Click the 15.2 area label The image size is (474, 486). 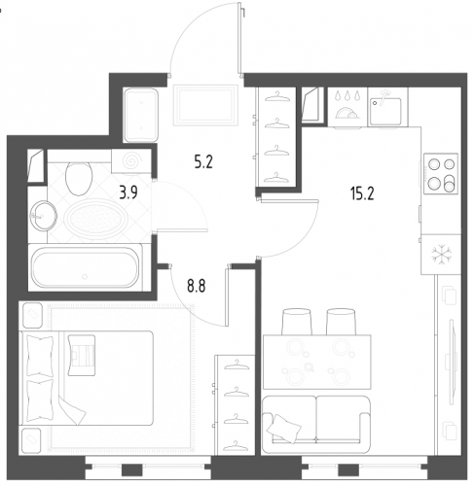362,193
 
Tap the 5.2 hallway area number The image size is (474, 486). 203,161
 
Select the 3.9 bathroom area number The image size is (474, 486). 128,192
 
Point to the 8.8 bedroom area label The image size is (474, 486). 197,286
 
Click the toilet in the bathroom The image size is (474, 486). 79,178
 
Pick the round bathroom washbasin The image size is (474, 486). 43,216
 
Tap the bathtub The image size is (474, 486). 85,267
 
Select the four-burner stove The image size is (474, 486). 441,174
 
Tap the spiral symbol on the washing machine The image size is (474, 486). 131,160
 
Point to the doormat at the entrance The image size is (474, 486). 205,105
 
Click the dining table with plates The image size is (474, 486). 316,362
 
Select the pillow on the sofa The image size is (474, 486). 284,429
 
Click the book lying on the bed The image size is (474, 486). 82,355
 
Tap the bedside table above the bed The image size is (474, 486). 32,316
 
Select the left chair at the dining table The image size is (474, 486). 297,322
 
